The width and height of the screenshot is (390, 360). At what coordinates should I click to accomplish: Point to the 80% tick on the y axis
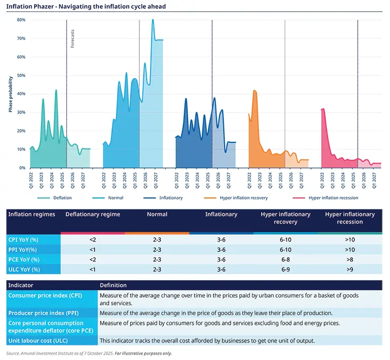[21, 20]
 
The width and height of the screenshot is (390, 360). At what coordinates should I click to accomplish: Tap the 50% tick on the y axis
[21, 76]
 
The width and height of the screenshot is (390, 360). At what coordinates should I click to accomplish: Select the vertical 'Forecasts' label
[73, 38]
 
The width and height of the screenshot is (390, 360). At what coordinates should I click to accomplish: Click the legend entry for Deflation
[62, 198]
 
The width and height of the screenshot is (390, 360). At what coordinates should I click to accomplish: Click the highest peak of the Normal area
[153, 20]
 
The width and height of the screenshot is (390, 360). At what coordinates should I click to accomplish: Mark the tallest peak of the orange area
[254, 91]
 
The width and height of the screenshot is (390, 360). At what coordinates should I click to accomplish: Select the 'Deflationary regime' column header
[93, 214]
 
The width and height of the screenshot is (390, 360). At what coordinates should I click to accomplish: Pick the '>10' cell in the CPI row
[350, 240]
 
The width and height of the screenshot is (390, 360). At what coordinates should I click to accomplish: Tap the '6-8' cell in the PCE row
[285, 259]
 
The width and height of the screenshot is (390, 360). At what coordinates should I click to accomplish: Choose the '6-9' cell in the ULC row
[285, 269]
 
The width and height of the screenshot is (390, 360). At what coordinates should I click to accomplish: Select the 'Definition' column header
[113, 285]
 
